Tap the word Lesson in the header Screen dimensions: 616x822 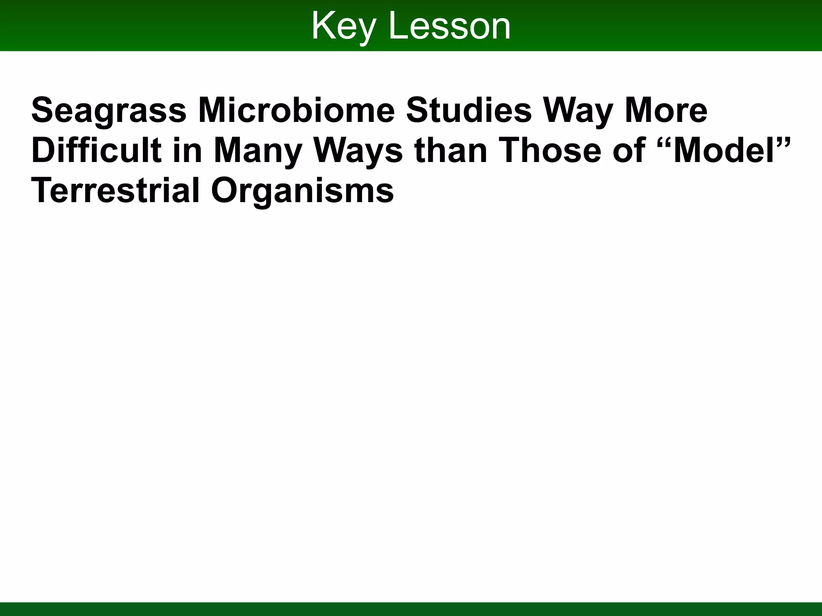tap(450, 26)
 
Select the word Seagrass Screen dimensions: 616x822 tap(109, 111)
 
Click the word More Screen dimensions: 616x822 tap(666, 110)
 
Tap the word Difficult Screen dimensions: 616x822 tap(96, 150)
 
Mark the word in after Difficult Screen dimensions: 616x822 tap(187, 150)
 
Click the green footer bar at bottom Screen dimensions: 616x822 tap(411, 609)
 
